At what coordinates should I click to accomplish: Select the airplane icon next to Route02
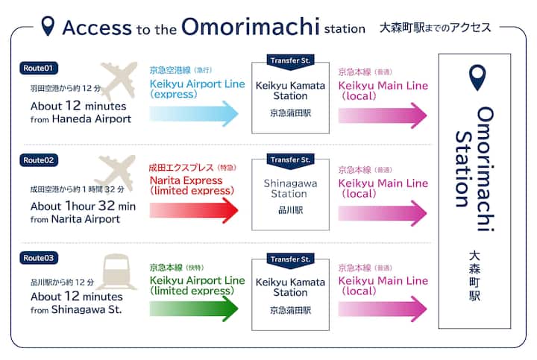115,173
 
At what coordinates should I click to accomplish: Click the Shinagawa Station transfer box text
290,189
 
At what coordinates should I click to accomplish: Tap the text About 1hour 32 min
82,206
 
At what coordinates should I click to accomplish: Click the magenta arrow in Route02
383,212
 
